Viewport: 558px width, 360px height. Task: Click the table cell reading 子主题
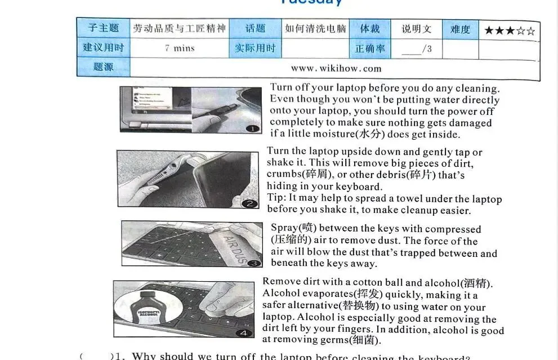(x=104, y=28)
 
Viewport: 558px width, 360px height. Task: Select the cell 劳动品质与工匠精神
(x=179, y=28)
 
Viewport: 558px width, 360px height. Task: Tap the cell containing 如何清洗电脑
(x=315, y=28)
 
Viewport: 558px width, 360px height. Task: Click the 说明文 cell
(x=417, y=29)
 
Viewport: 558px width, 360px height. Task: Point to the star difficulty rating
(x=510, y=30)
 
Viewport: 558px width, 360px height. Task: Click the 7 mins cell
(x=180, y=48)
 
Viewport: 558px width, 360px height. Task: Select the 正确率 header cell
(x=370, y=49)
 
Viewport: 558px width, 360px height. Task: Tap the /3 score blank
(x=417, y=49)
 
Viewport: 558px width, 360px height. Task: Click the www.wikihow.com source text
(x=336, y=69)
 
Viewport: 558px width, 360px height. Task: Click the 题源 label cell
(x=104, y=67)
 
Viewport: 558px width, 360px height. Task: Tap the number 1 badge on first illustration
(x=253, y=128)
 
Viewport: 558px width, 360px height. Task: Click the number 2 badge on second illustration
(x=251, y=204)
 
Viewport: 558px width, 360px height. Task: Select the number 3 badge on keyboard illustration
(x=255, y=263)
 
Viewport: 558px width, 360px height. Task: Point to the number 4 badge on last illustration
(x=244, y=333)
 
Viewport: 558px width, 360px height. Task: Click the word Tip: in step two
(x=276, y=198)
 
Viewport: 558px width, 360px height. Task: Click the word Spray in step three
(x=284, y=228)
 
